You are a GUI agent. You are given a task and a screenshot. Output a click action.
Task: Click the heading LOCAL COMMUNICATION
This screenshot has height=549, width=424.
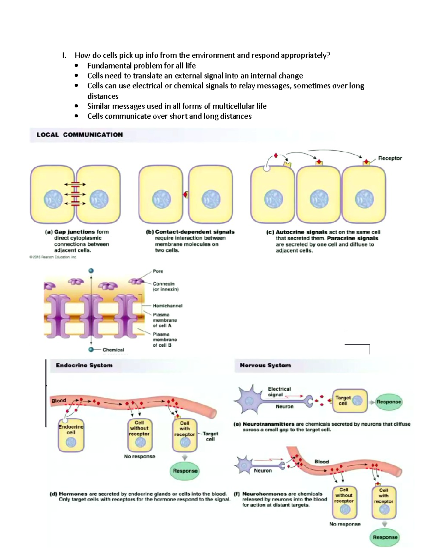click(79, 135)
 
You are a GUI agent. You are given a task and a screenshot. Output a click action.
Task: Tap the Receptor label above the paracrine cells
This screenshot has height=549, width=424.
click(390, 158)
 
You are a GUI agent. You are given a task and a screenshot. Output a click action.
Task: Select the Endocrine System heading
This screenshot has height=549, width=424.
click(84, 365)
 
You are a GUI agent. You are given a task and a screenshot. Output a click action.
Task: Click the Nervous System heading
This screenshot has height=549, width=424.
click(265, 365)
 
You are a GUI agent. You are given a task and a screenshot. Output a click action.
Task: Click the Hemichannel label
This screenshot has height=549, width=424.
click(167, 305)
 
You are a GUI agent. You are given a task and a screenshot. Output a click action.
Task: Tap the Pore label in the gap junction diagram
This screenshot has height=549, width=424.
click(158, 271)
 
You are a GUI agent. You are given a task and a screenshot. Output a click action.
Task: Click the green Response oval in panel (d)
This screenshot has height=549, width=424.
click(185, 471)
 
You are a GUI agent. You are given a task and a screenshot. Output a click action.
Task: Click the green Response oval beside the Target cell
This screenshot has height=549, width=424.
click(389, 402)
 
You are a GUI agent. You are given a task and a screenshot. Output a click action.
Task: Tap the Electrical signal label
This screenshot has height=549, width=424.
click(279, 392)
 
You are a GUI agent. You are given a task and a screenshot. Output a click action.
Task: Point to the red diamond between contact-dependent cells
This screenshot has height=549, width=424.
click(185, 194)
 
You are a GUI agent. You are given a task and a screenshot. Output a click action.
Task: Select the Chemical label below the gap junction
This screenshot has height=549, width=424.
click(113, 350)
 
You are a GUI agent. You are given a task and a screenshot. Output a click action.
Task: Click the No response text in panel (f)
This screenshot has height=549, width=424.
click(344, 524)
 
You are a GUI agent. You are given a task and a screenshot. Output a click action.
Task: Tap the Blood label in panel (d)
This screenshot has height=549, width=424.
click(59, 401)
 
